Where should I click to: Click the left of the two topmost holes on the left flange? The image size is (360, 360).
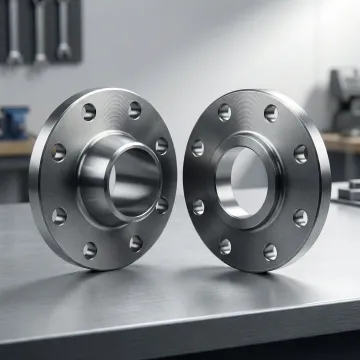pyautogui.click(x=90, y=112)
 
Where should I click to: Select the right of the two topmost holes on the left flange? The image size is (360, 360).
pyautogui.click(x=134, y=110)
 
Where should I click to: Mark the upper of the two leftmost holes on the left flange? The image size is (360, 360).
pyautogui.click(x=59, y=152)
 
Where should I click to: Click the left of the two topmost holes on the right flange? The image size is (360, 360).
pyautogui.click(x=224, y=113)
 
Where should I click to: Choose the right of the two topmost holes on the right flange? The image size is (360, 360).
pyautogui.click(x=270, y=113)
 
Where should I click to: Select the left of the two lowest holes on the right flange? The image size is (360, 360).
pyautogui.click(x=225, y=246)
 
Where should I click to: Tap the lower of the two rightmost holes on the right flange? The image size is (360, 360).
pyautogui.click(x=301, y=217)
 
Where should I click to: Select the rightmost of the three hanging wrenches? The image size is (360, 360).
pyautogui.click(x=64, y=28)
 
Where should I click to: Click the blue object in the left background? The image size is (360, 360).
pyautogui.click(x=15, y=122)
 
